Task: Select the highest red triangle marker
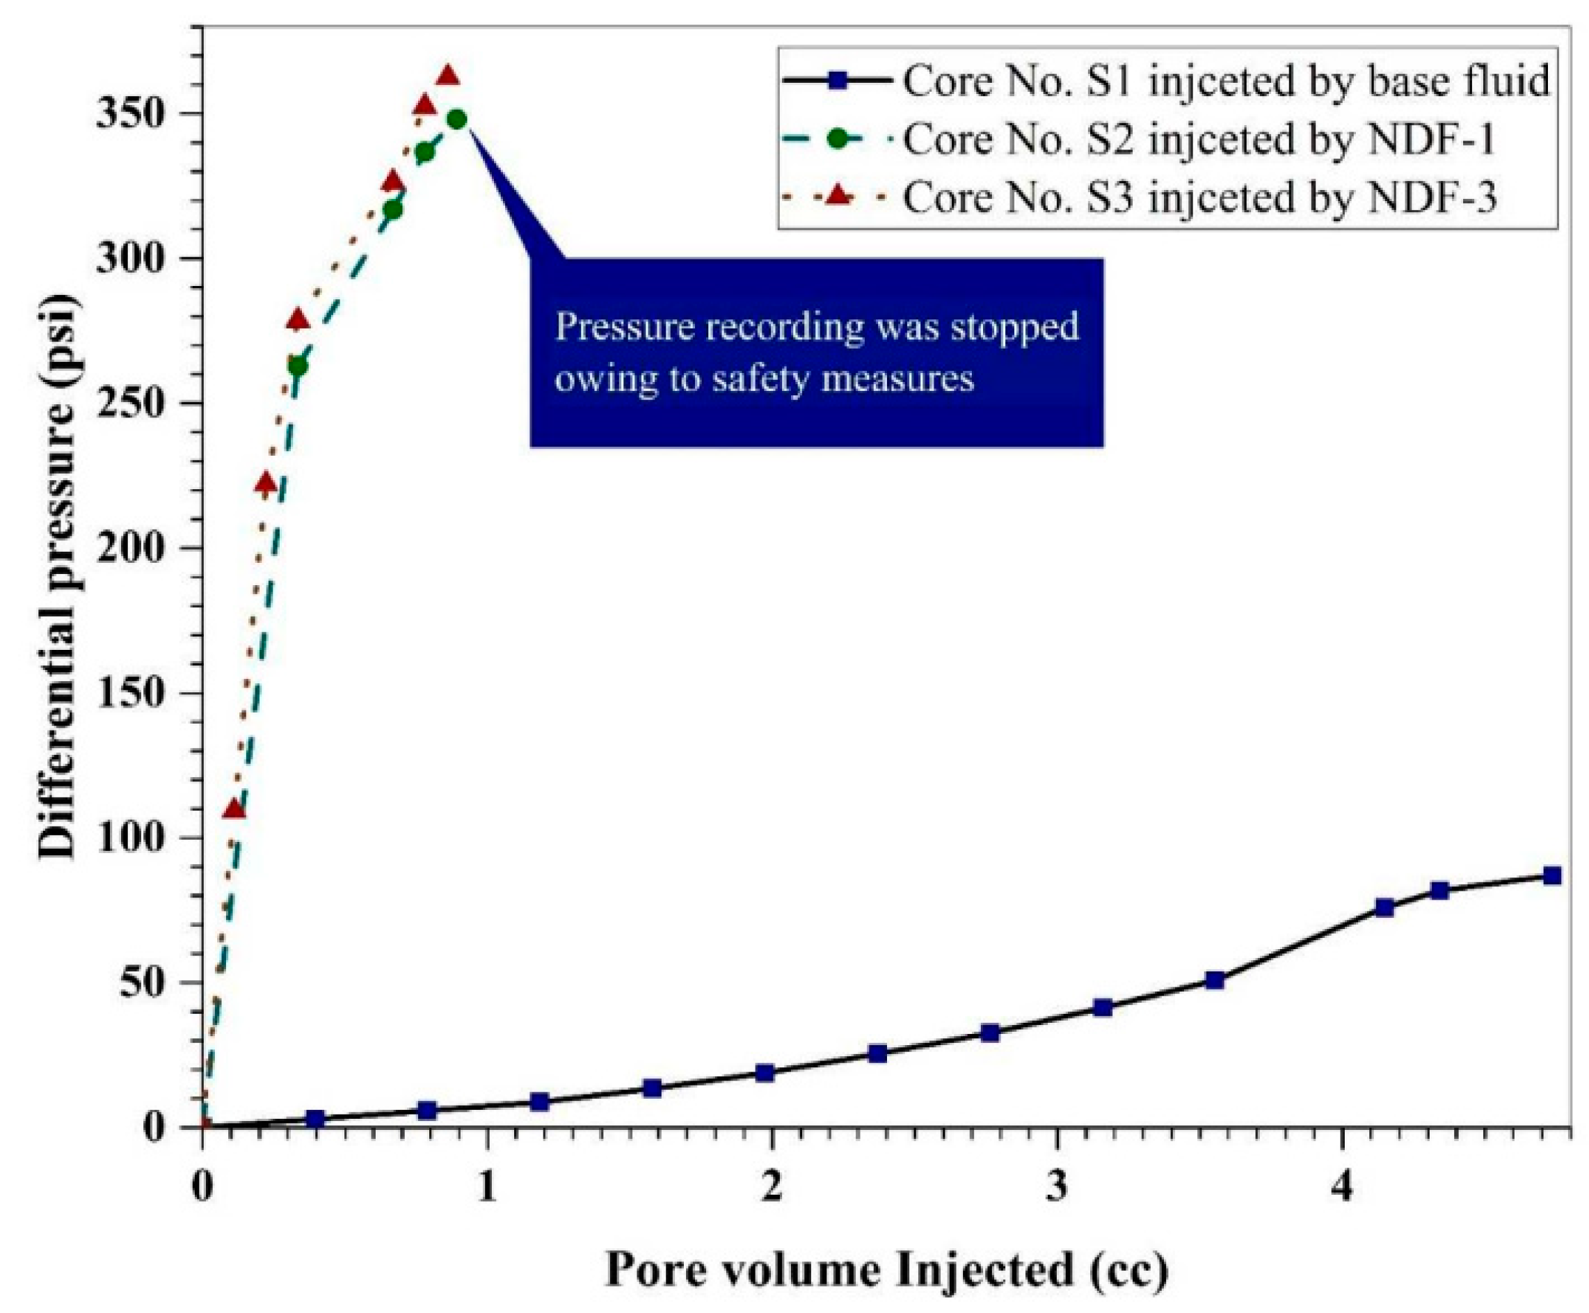[448, 77]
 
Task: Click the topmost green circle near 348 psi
[457, 119]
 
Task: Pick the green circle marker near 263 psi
[298, 366]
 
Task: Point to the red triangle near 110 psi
[234, 810]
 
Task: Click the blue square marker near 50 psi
[1215, 980]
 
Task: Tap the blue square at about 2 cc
[765, 1072]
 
